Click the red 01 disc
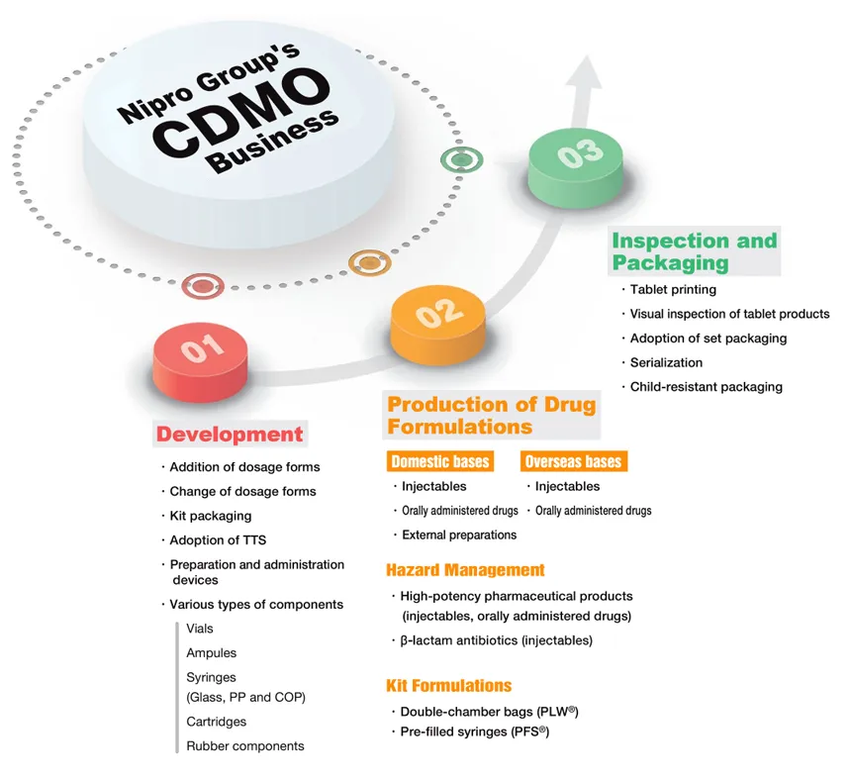(x=204, y=357)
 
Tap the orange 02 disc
(x=439, y=319)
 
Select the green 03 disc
(x=579, y=158)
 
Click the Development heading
(x=230, y=434)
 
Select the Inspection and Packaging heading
(x=695, y=251)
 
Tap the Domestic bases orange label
(x=440, y=462)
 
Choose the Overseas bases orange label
(x=574, y=462)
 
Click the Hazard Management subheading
(x=465, y=570)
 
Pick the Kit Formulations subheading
(x=449, y=685)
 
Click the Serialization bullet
(x=666, y=362)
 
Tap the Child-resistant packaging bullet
(x=706, y=386)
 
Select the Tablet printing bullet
(x=673, y=290)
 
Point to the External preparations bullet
(x=458, y=535)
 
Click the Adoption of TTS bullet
(x=217, y=539)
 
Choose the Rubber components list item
(x=244, y=745)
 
